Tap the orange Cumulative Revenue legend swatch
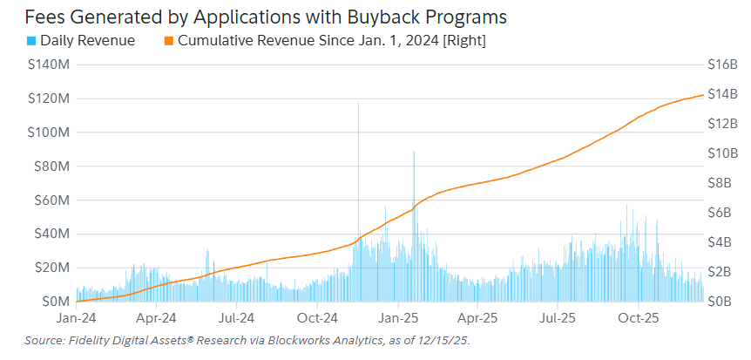(169, 40)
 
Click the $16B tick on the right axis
(722, 65)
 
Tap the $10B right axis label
(722, 153)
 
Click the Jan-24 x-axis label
(78, 318)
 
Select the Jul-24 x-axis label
(236, 318)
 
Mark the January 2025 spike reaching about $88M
(414, 153)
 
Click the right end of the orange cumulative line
(703, 95)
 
